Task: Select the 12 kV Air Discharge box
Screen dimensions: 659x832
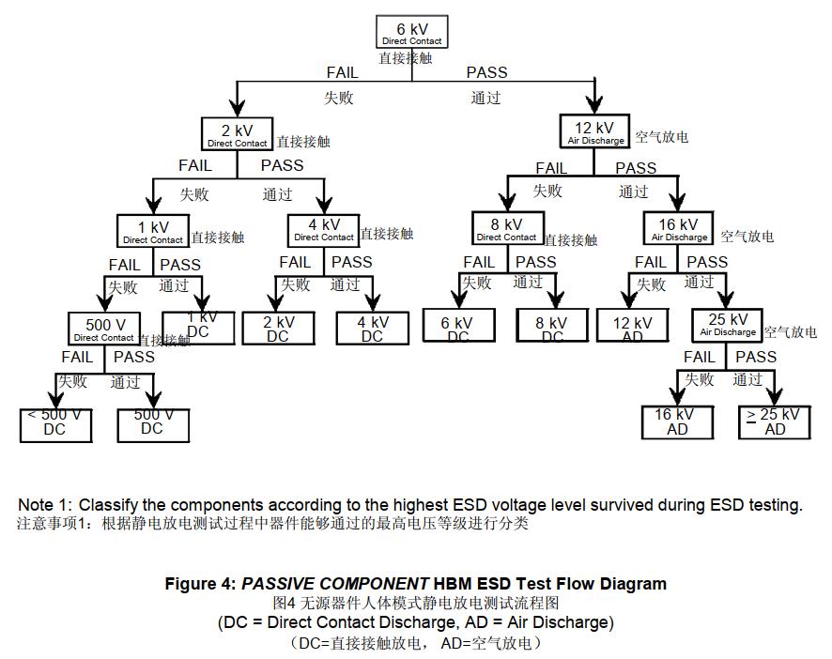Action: click(x=595, y=132)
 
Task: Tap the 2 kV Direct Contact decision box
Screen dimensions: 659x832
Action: click(x=238, y=134)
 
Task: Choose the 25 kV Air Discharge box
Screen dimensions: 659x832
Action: click(x=728, y=325)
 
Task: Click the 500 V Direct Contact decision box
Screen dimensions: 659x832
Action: click(x=104, y=329)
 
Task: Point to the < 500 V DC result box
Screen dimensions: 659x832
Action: click(x=55, y=424)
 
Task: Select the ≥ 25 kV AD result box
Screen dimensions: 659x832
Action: click(x=775, y=422)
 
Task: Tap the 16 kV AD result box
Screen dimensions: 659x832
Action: click(x=677, y=422)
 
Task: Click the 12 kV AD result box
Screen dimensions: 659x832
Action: click(x=632, y=327)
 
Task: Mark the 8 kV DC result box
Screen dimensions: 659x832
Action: click(x=552, y=327)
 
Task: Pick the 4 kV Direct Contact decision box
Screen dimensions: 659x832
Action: click(x=324, y=229)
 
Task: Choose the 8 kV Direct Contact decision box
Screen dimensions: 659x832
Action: click(x=507, y=229)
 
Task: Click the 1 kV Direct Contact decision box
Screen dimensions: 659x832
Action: click(x=153, y=231)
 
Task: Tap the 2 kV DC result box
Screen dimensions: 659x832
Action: click(x=278, y=327)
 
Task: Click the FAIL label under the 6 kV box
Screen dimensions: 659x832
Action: click(x=342, y=72)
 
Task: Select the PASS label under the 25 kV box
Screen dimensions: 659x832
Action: click(x=755, y=357)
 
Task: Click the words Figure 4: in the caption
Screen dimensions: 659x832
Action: click(x=200, y=583)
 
